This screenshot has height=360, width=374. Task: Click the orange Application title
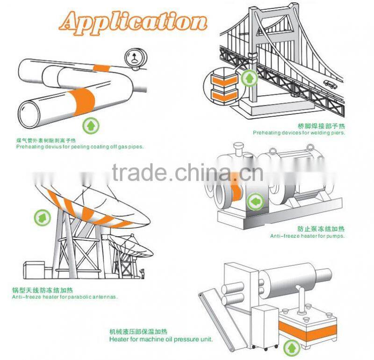(x=133, y=23)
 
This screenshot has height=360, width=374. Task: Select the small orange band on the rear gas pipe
(x=101, y=68)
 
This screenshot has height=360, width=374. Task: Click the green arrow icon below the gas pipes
(x=91, y=126)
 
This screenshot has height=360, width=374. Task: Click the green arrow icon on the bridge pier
(x=249, y=78)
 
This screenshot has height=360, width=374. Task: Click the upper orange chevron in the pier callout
(x=224, y=80)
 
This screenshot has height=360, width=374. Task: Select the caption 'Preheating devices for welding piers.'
(x=299, y=133)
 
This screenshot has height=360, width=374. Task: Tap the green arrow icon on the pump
(x=255, y=202)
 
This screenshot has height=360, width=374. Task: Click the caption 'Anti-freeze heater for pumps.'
(x=308, y=236)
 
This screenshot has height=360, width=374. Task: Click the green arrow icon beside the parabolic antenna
(x=43, y=218)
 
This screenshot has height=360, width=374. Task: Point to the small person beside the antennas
(x=143, y=274)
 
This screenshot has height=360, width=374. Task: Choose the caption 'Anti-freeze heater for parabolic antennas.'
(x=65, y=297)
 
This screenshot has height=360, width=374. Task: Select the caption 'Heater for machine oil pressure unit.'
(x=161, y=339)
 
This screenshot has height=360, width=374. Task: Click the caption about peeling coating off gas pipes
(x=80, y=147)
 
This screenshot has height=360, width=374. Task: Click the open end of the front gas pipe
(x=29, y=114)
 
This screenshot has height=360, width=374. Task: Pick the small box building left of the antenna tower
(x=34, y=269)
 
